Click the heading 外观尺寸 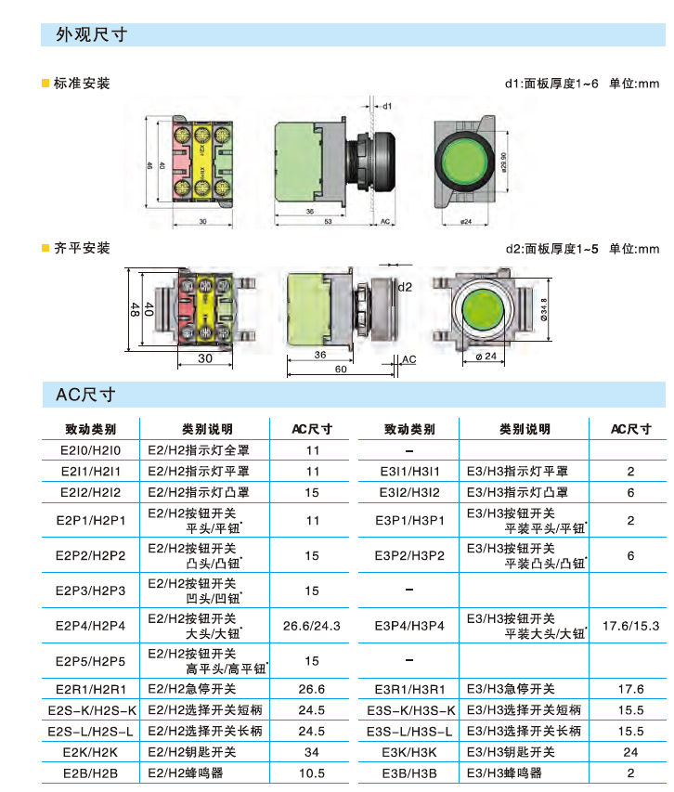[92, 35]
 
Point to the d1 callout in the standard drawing [386, 106]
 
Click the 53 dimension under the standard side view [329, 222]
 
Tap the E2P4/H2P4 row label [90, 626]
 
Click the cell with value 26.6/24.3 [312, 626]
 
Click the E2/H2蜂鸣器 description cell [186, 773]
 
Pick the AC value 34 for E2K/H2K [312, 752]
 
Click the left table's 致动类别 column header [90, 429]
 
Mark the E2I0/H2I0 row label [90, 450]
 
